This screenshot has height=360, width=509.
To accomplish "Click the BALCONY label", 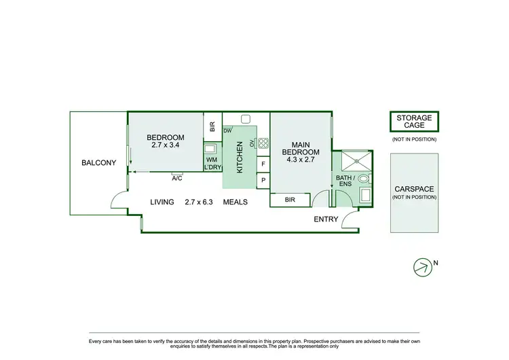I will tap(98, 162).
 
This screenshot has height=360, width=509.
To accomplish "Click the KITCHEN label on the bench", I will tap(239, 158).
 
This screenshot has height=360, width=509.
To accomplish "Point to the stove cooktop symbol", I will tap(263, 143).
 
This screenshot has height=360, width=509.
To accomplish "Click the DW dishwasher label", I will tap(227, 130).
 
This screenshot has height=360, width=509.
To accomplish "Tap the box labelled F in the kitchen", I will tap(263, 164).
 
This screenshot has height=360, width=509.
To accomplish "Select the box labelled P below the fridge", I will tap(263, 180).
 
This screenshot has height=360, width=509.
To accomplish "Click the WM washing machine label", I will tap(211, 160).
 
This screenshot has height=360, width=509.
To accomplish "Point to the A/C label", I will tap(177, 178).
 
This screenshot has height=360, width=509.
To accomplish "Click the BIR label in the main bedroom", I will tap(290, 200).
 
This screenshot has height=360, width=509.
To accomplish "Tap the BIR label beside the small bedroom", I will tap(212, 127).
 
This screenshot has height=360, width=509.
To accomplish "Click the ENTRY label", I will tap(326, 219).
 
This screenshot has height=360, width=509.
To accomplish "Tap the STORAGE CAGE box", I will tap(414, 122).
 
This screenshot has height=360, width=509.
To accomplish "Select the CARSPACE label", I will tap(414, 190).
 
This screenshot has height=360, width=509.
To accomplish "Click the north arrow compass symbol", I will tap(422, 267).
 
